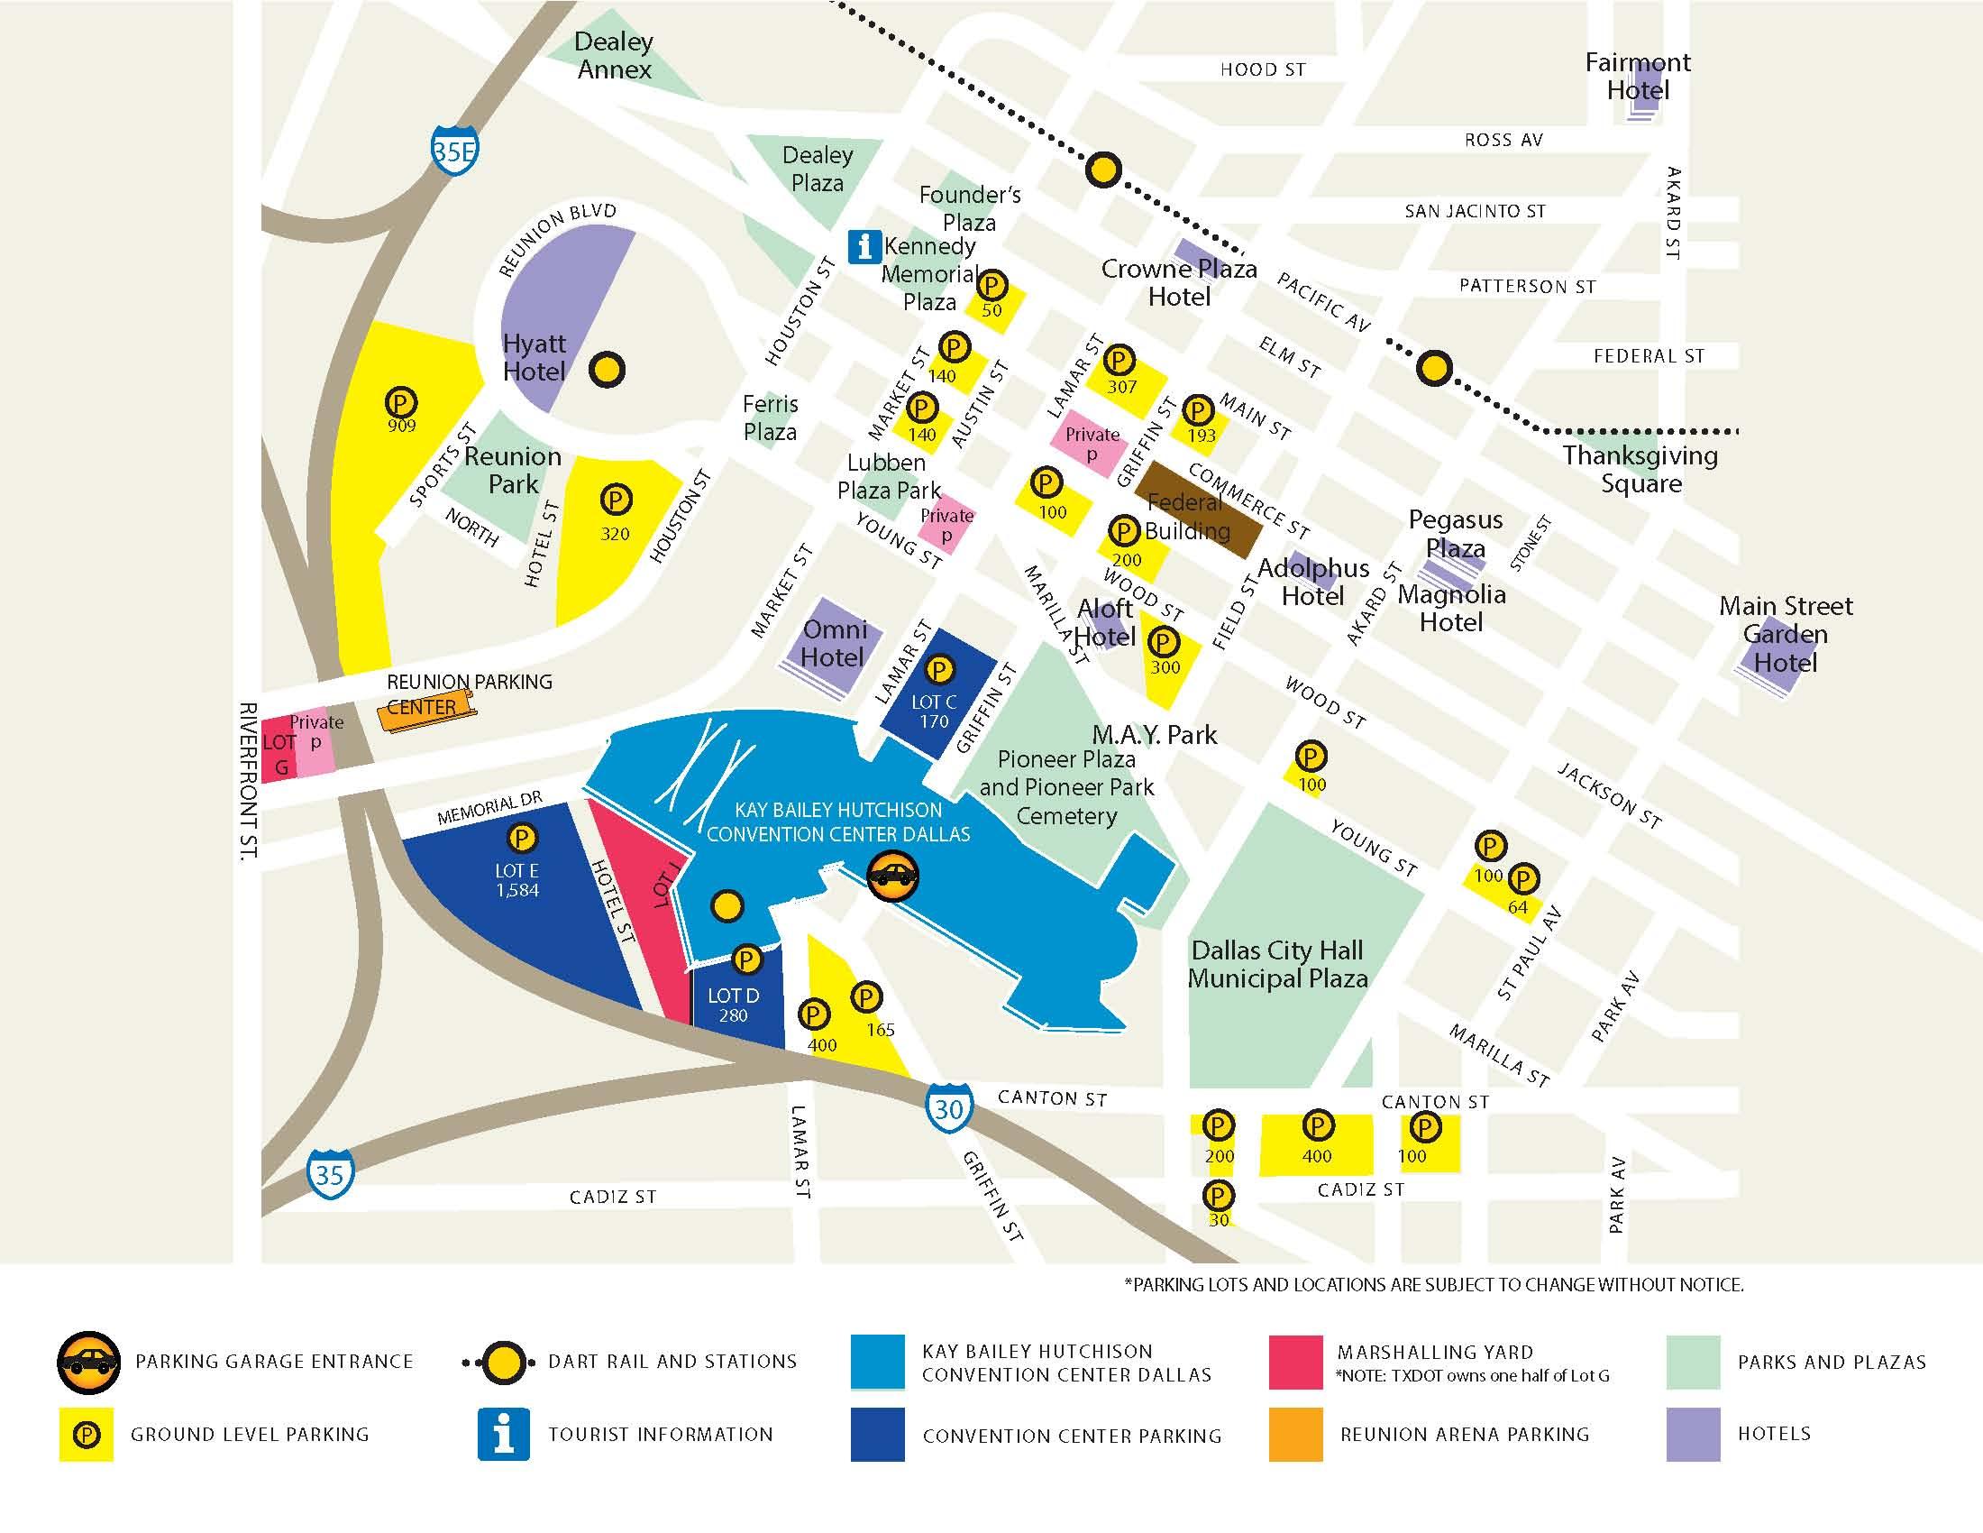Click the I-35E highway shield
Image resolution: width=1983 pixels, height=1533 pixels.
(454, 151)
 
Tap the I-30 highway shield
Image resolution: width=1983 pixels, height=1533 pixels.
(949, 1108)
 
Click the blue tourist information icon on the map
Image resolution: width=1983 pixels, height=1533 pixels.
(864, 246)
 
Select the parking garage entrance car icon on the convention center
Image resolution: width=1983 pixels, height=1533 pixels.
(893, 876)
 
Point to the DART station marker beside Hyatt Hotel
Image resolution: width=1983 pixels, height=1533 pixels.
(607, 370)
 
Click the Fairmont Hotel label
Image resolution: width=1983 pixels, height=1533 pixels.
(1637, 77)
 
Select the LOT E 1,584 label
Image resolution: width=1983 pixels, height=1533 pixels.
(516, 880)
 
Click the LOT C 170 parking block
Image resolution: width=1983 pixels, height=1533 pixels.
(936, 694)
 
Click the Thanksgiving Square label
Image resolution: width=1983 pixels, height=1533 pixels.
(1640, 469)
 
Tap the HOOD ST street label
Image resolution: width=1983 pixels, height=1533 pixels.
(1262, 70)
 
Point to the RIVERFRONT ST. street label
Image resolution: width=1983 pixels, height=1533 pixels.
(248, 779)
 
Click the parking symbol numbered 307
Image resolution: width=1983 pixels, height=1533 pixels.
(1119, 362)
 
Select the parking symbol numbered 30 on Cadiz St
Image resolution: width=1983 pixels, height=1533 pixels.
(1219, 1195)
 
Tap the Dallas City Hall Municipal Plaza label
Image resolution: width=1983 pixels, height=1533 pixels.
(1276, 965)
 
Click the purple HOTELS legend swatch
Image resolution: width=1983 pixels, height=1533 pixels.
(1693, 1434)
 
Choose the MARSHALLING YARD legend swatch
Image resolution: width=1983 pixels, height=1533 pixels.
(1294, 1363)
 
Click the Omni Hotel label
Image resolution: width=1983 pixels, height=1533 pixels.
(834, 643)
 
